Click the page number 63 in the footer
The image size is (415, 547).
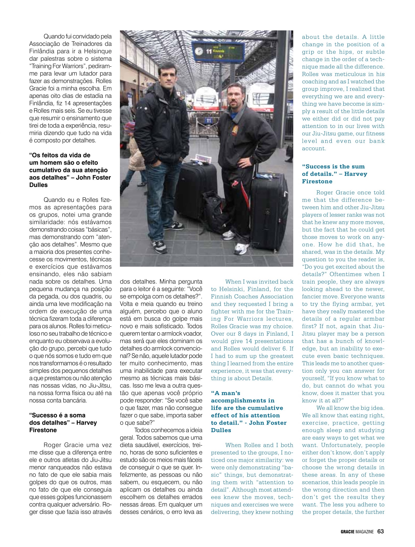click(x=380, y=531)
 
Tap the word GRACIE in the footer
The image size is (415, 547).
click(x=347, y=532)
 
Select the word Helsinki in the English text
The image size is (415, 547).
click(x=232, y=289)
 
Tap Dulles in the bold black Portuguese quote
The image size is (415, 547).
click(x=38, y=185)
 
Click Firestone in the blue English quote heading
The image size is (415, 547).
click(x=317, y=181)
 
